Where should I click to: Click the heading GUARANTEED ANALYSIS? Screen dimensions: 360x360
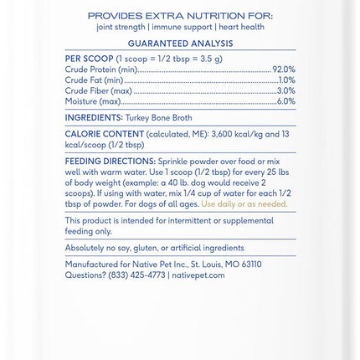pyautogui.click(x=180, y=43)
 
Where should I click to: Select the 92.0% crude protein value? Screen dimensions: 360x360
pyautogui.click(x=284, y=69)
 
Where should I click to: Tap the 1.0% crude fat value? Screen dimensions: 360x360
pyautogui.click(x=286, y=80)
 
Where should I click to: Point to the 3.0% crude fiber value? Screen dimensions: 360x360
pyautogui.click(x=285, y=90)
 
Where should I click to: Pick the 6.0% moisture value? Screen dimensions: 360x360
pyautogui.click(x=285, y=101)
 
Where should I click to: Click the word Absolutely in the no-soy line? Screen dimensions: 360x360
pyautogui.click(x=85, y=248)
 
